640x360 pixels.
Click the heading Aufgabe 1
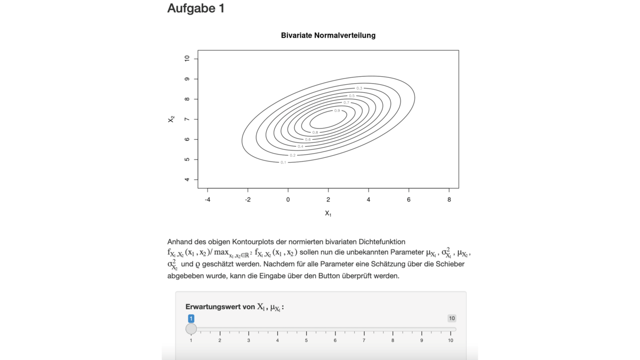coord(196,9)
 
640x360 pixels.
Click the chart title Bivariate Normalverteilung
coord(328,36)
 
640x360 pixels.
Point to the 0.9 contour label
coord(337,110)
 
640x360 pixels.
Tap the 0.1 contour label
coord(283,162)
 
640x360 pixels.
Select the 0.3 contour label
coord(359,88)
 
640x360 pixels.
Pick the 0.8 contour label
coord(315,132)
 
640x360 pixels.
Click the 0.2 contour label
coord(293,155)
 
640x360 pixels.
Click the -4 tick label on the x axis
coord(207,199)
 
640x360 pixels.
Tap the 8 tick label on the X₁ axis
coord(449,199)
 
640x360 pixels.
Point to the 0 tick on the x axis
coord(288,199)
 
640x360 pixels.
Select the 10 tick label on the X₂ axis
coord(187,59)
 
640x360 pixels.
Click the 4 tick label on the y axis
coord(187,180)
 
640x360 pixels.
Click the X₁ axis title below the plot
coord(328,213)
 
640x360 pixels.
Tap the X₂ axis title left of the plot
coord(171,119)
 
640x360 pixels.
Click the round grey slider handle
coord(191,329)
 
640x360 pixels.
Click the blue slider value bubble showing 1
coord(191,318)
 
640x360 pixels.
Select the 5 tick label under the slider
coord(306,340)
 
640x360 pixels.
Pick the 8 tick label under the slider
coord(393,340)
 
